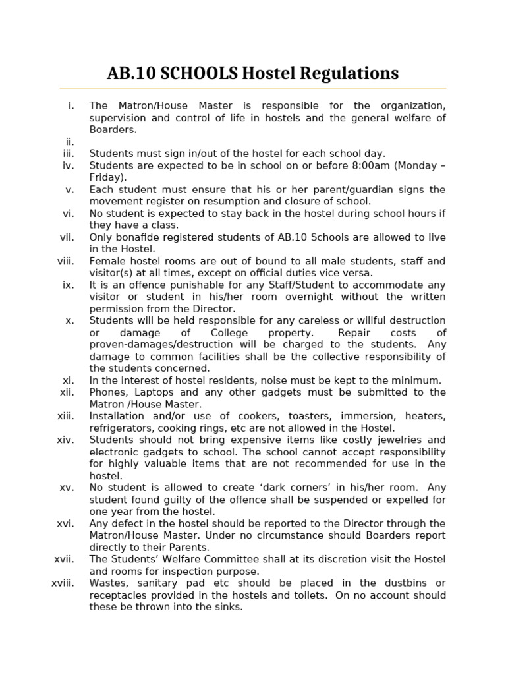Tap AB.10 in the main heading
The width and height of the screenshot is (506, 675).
tap(129, 73)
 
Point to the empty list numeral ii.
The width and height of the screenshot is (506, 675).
tap(70, 142)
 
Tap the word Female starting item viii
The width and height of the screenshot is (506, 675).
tap(106, 261)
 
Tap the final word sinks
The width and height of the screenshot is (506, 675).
tap(228, 606)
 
